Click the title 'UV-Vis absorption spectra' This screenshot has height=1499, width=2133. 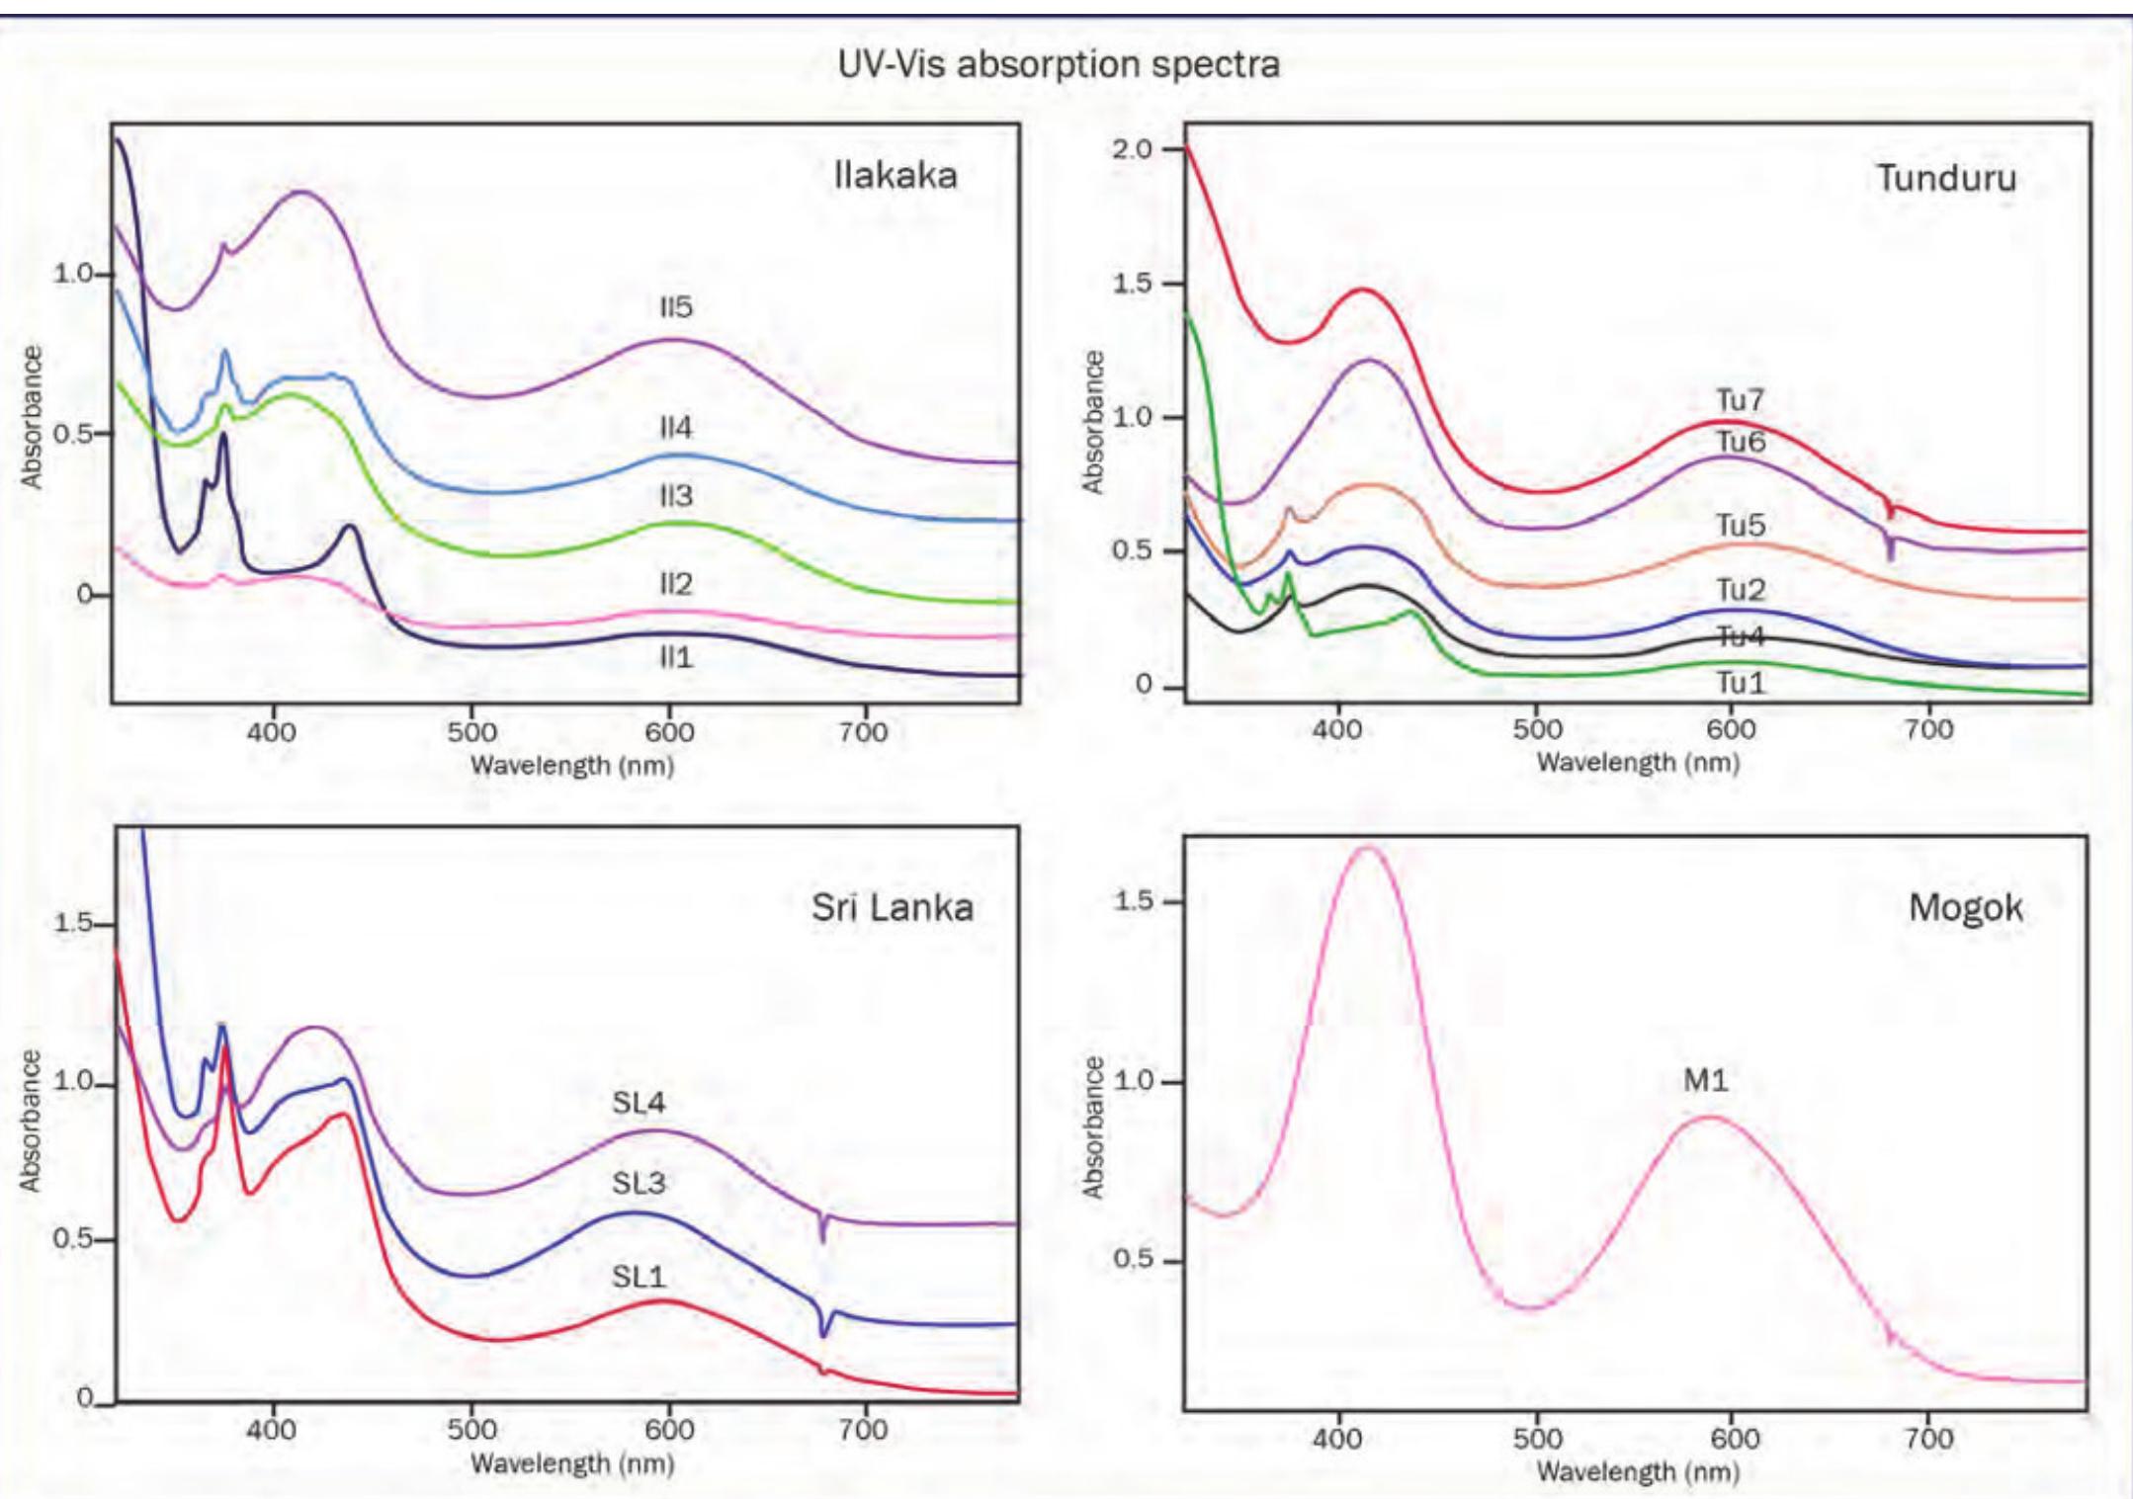(1058, 65)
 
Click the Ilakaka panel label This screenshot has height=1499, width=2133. (895, 176)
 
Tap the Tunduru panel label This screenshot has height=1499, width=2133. (1945, 179)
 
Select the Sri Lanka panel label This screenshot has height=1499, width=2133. (892, 907)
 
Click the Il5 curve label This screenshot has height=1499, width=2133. (676, 307)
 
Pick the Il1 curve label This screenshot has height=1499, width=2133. (676, 657)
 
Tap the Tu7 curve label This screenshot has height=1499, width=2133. (1740, 400)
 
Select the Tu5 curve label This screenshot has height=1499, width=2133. (1740, 525)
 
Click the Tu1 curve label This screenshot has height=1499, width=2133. (1740, 683)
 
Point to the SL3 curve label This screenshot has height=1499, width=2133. (639, 1183)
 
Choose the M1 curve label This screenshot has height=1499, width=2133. (1706, 1081)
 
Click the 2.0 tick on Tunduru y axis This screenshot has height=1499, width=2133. (1132, 149)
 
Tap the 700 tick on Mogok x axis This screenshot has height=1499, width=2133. (1928, 1438)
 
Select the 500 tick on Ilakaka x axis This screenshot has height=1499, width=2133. (471, 732)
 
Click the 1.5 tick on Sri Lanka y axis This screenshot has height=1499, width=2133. (71, 923)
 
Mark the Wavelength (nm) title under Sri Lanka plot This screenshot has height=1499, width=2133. (571, 1463)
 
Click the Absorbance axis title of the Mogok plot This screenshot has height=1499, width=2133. (1092, 1126)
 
